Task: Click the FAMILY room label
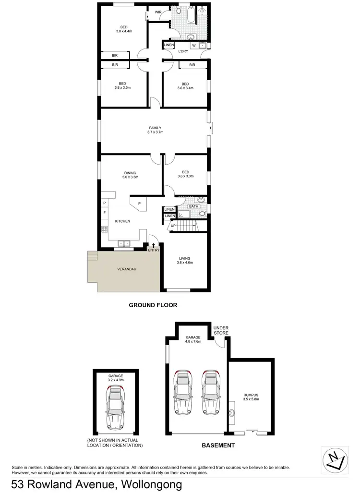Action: click(x=155, y=128)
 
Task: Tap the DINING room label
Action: click(x=130, y=173)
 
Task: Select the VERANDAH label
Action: click(x=127, y=269)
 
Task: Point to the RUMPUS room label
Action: click(x=251, y=395)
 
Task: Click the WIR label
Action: click(x=158, y=12)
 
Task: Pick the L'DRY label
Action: click(x=183, y=51)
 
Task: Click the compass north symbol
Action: click(x=335, y=460)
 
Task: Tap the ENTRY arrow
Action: click(x=154, y=245)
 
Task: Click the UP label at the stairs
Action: click(x=173, y=225)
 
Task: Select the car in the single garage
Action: click(x=115, y=408)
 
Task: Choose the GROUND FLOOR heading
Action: click(x=153, y=305)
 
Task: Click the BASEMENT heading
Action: click(x=218, y=446)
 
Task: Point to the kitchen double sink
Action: click(x=124, y=243)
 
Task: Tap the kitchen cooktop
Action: click(x=104, y=229)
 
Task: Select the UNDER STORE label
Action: click(x=221, y=330)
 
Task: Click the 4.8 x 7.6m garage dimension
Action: click(x=194, y=342)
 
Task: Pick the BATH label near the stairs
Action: click(x=193, y=206)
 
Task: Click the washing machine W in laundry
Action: click(x=194, y=46)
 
